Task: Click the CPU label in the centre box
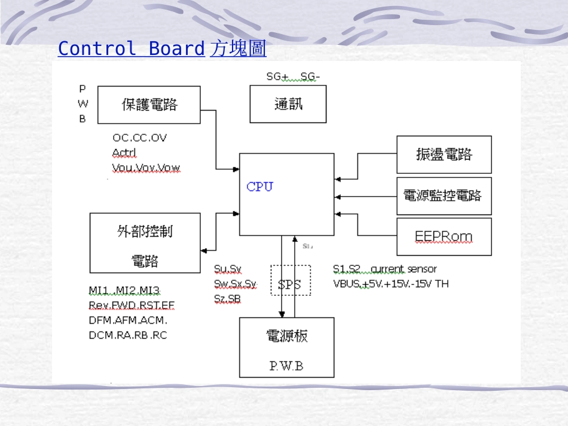coord(259,186)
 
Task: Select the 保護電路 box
coord(149,105)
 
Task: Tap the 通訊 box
coord(288,104)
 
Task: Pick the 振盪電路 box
coord(444,155)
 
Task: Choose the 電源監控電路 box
coord(444,195)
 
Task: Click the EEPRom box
coord(444,237)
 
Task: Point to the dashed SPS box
coord(290,280)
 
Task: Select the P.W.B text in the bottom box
coord(286,366)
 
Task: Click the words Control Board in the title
coord(131,48)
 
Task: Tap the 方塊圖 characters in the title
coord(238,48)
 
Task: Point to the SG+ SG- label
coord(293,76)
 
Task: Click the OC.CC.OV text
coord(139,138)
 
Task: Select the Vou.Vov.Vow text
coord(146,167)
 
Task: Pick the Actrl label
coord(124,152)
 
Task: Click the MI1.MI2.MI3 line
coord(124,291)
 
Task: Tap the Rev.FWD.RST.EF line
coord(132,306)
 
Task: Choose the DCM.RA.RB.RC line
coord(128,335)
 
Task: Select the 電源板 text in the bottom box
coord(286,336)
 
